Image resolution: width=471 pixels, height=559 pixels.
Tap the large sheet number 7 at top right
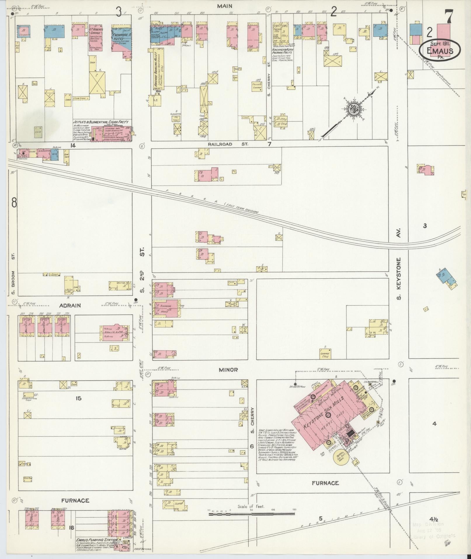coord(449,17)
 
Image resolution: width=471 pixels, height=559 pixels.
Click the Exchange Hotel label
coord(121,37)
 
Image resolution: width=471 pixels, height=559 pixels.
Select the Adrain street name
coord(70,305)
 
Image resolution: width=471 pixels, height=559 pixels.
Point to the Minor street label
coord(228,370)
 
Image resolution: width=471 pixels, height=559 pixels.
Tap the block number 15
coord(78,398)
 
